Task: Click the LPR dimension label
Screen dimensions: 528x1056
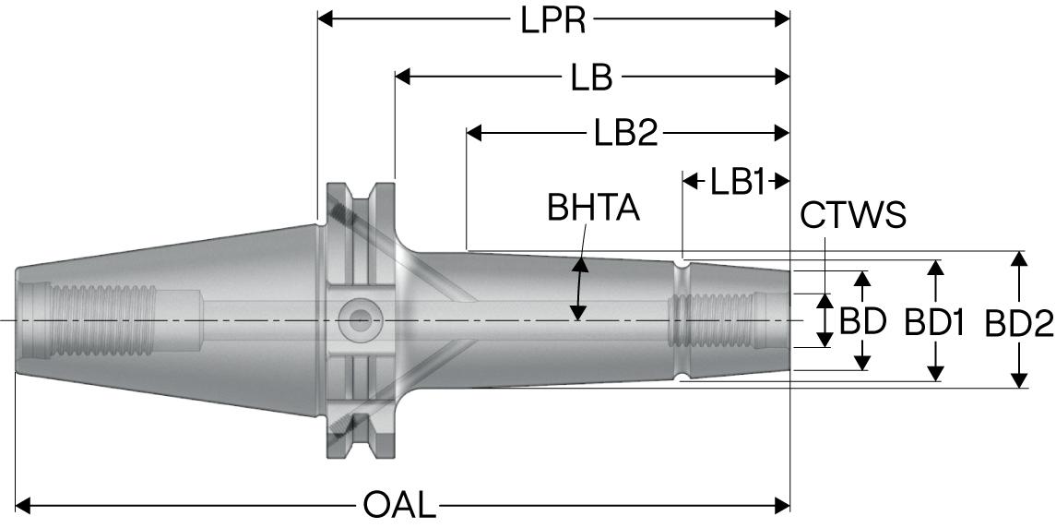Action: click(x=553, y=19)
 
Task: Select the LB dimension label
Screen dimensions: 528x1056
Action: click(x=591, y=78)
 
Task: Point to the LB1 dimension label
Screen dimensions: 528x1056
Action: click(x=737, y=182)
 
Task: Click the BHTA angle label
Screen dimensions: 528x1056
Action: click(x=593, y=209)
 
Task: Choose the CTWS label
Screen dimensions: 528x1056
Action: click(x=853, y=215)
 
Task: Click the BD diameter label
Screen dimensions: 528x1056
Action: click(x=862, y=321)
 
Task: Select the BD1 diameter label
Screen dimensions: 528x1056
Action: click(x=934, y=322)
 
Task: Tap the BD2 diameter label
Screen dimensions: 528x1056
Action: click(x=1018, y=323)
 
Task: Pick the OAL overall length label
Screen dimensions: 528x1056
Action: click(x=397, y=505)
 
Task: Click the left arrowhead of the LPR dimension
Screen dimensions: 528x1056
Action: click(x=326, y=18)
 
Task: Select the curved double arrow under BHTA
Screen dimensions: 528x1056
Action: click(x=580, y=289)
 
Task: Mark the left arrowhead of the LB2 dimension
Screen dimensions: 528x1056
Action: click(x=475, y=134)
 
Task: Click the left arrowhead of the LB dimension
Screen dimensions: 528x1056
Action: click(x=403, y=77)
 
